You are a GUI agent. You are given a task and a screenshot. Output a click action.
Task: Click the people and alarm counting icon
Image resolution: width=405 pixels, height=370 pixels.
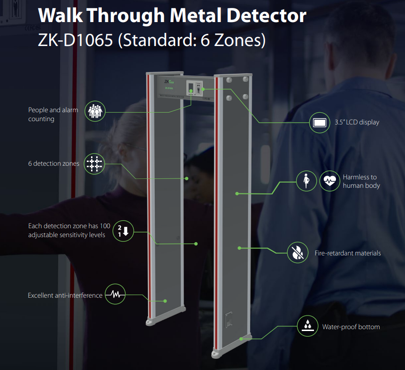[95, 111]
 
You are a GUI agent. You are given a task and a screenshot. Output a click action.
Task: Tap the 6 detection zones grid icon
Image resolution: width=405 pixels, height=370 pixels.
[94, 164]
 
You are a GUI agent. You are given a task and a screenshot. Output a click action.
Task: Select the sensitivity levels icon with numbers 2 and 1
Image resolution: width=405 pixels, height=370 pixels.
[123, 231]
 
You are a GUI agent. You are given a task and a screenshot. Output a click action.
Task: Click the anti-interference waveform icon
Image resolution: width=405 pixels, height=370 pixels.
[115, 294]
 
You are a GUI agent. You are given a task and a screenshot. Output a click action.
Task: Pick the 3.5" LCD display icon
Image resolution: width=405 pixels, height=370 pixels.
[320, 123]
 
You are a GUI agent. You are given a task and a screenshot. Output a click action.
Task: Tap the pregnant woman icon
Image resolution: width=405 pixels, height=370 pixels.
[306, 181]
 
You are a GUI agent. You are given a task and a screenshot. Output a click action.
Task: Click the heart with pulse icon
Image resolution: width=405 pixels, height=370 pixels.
[329, 181]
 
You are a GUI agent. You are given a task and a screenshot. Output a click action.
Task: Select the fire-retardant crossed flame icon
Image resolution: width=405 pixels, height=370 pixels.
[298, 253]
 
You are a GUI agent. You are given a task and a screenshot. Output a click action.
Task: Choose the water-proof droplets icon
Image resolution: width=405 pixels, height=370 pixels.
[307, 326]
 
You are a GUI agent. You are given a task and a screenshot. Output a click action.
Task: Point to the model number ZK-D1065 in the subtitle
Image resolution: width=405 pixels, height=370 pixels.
[76, 40]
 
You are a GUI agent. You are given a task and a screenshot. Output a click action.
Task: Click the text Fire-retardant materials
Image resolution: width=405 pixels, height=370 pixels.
[348, 253]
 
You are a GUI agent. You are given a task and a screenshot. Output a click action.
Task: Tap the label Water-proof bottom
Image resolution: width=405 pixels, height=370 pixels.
[351, 327]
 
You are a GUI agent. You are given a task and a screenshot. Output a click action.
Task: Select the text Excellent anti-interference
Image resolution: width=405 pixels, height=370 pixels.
[65, 295]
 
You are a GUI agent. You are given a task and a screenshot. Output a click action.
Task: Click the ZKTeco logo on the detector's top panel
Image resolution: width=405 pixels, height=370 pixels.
[169, 82]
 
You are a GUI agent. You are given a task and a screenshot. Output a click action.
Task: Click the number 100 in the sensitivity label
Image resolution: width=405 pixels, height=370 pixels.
[105, 226]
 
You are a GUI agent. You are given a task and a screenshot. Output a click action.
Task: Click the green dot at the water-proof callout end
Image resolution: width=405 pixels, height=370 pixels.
[241, 339]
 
